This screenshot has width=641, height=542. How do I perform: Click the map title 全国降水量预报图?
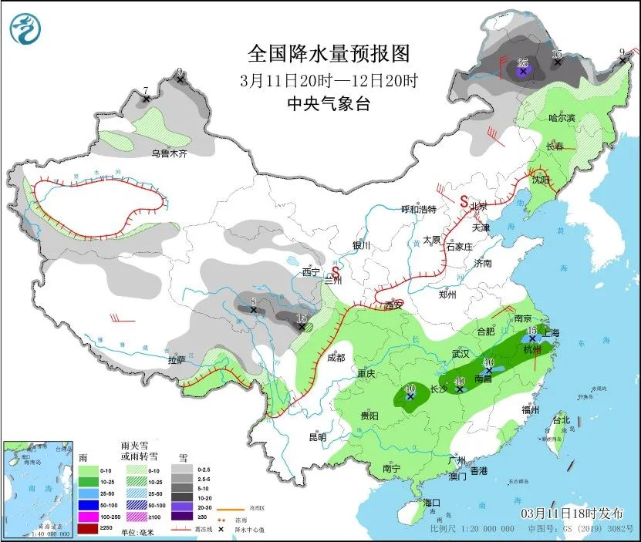coord(329,53)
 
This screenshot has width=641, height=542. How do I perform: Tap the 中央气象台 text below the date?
coord(329,103)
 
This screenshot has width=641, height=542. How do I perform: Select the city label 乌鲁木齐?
coord(169,153)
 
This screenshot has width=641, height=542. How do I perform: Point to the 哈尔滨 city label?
coord(561,118)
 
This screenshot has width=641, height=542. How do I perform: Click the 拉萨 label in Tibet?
coord(176,359)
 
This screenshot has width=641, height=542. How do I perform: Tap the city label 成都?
coord(336,357)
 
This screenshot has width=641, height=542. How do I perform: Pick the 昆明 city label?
coord(317,437)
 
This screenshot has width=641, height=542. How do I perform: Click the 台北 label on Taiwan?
coord(561,419)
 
